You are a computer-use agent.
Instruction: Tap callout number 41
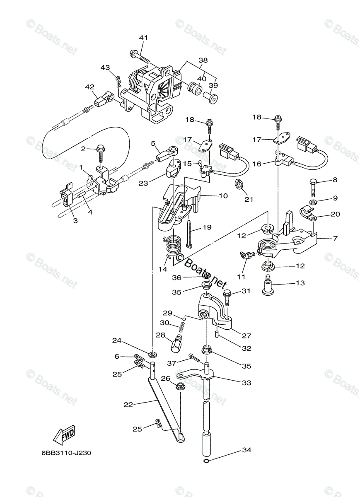pyautogui.click(x=143, y=38)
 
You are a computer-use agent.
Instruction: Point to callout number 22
pyautogui.click(x=128, y=405)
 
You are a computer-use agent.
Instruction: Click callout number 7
pyautogui.click(x=334, y=239)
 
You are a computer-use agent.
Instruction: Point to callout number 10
pyautogui.click(x=223, y=195)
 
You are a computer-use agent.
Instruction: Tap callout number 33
pyautogui.click(x=246, y=383)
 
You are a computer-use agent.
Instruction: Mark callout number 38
pyautogui.click(x=203, y=60)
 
